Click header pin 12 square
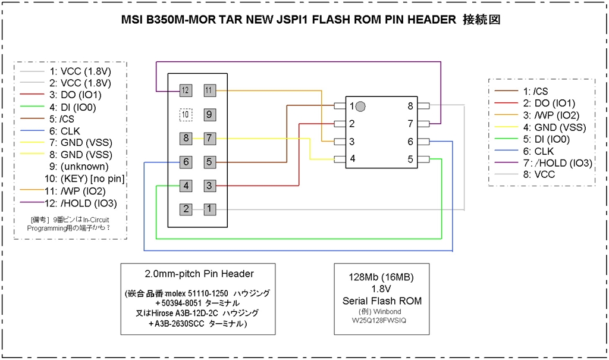point(186,90)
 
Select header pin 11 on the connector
point(210,90)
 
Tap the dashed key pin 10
point(186,115)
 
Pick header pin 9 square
point(210,115)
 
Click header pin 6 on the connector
point(186,162)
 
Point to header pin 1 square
point(210,209)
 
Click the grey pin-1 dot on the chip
point(360,106)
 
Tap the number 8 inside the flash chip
point(410,106)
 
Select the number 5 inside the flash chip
point(410,159)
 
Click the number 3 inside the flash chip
point(352,142)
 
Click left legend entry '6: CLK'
point(64,131)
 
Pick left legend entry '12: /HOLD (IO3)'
point(81,204)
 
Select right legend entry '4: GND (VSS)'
point(554,127)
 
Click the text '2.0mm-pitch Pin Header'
point(199,274)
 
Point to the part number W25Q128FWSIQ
point(379,320)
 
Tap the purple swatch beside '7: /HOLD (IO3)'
point(507,163)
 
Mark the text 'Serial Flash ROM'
point(382,301)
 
